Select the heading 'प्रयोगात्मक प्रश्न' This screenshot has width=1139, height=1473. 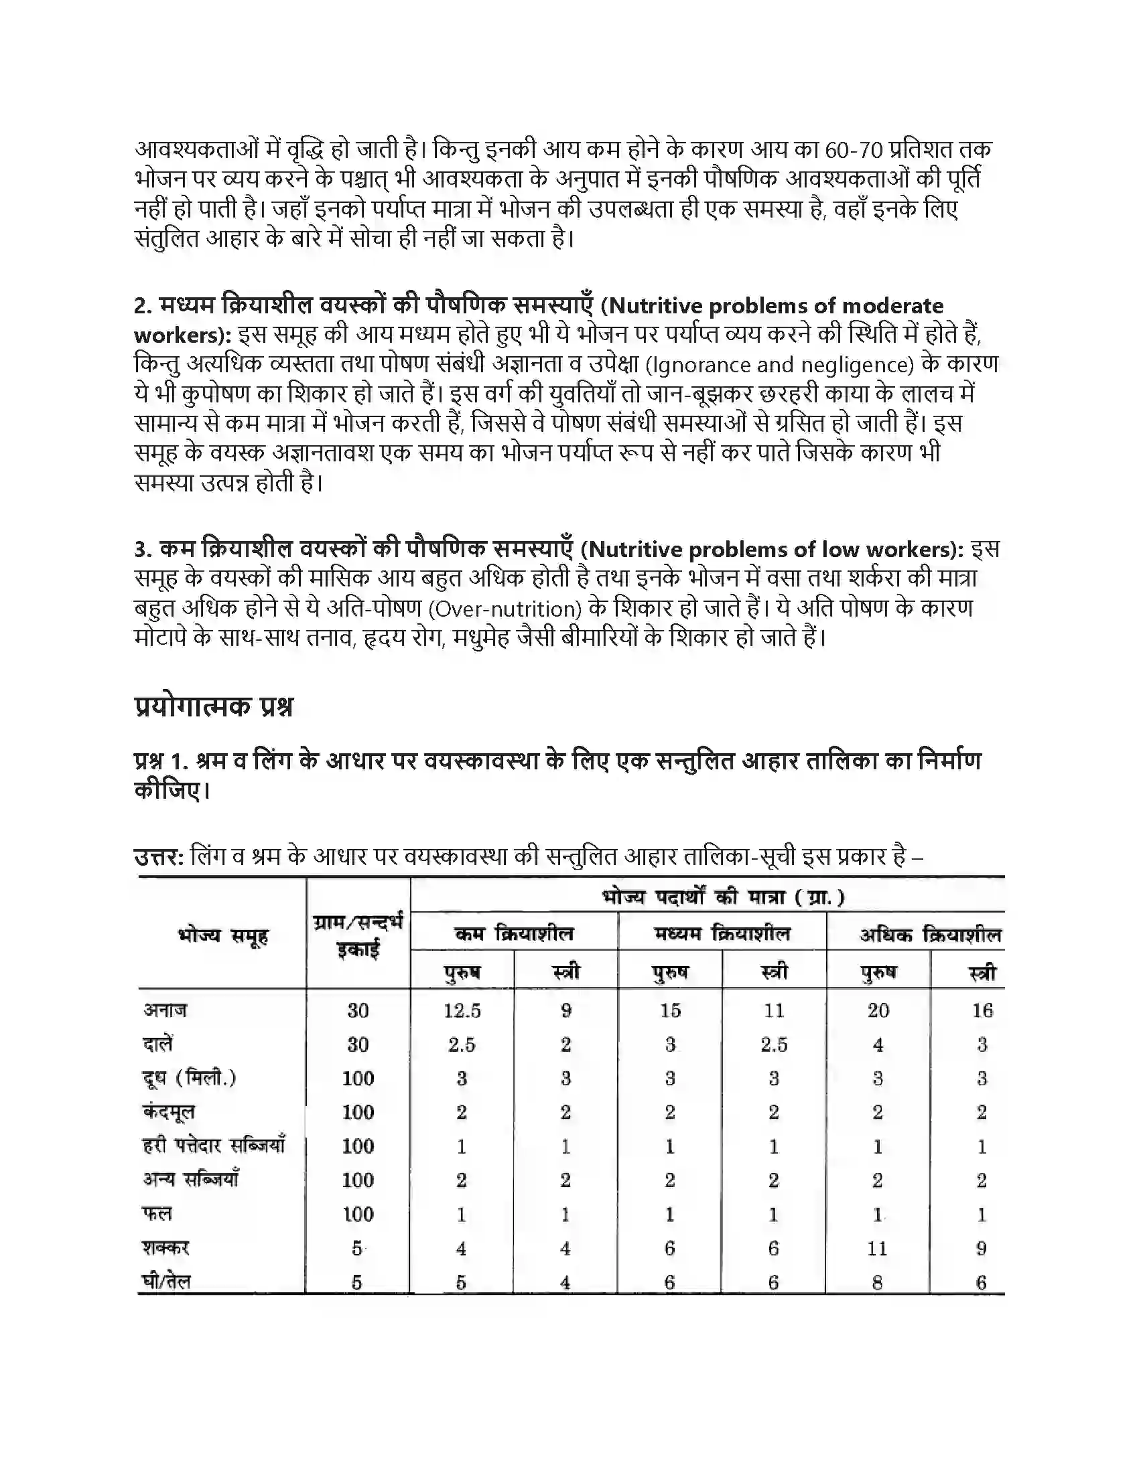pyautogui.click(x=214, y=706)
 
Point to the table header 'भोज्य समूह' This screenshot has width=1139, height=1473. pyautogui.click(x=222, y=935)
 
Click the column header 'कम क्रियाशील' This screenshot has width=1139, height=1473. pyautogui.click(x=514, y=933)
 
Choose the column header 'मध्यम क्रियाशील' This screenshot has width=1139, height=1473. pyautogui.click(x=722, y=933)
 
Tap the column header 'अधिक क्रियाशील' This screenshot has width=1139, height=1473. pyautogui.click(x=930, y=935)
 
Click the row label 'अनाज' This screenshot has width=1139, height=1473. pyautogui.click(x=165, y=1010)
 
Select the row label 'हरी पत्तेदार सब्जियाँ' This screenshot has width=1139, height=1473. pyautogui.click(x=214, y=1145)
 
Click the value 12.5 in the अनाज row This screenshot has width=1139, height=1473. pyautogui.click(x=462, y=1010)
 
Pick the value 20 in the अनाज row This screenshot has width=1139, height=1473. pyautogui.click(x=878, y=1010)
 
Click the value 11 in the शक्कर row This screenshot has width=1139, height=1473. pyautogui.click(x=877, y=1249)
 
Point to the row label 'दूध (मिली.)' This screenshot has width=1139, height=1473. pyautogui.click(x=189, y=1078)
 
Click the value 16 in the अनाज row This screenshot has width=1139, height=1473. pyautogui.click(x=982, y=1010)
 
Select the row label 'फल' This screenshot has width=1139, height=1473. pyautogui.click(x=157, y=1214)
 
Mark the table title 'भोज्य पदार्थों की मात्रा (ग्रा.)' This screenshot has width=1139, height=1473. pyautogui.click(x=723, y=897)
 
